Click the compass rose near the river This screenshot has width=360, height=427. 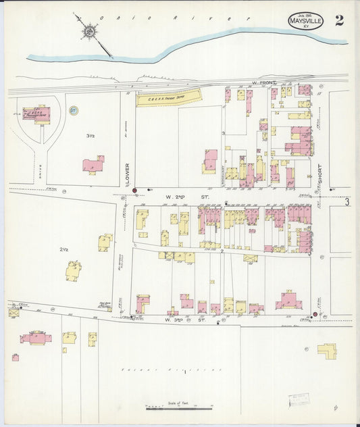click(89, 30)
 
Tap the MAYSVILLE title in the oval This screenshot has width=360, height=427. click(305, 22)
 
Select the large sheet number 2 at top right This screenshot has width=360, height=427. click(338, 20)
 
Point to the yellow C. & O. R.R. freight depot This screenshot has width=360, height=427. click(169, 99)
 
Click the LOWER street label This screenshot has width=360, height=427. click(126, 172)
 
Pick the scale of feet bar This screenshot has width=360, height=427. click(172, 408)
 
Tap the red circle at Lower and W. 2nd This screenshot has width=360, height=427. click(135, 191)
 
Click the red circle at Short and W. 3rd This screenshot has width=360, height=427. click(315, 314)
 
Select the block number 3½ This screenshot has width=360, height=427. click(90, 136)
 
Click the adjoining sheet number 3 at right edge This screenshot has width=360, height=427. click(346, 201)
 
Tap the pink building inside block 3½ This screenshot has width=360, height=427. click(93, 164)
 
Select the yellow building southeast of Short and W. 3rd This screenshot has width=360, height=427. click(328, 350)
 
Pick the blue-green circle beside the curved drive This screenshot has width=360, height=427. click(74, 110)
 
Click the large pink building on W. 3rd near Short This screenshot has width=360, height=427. click(288, 300)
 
